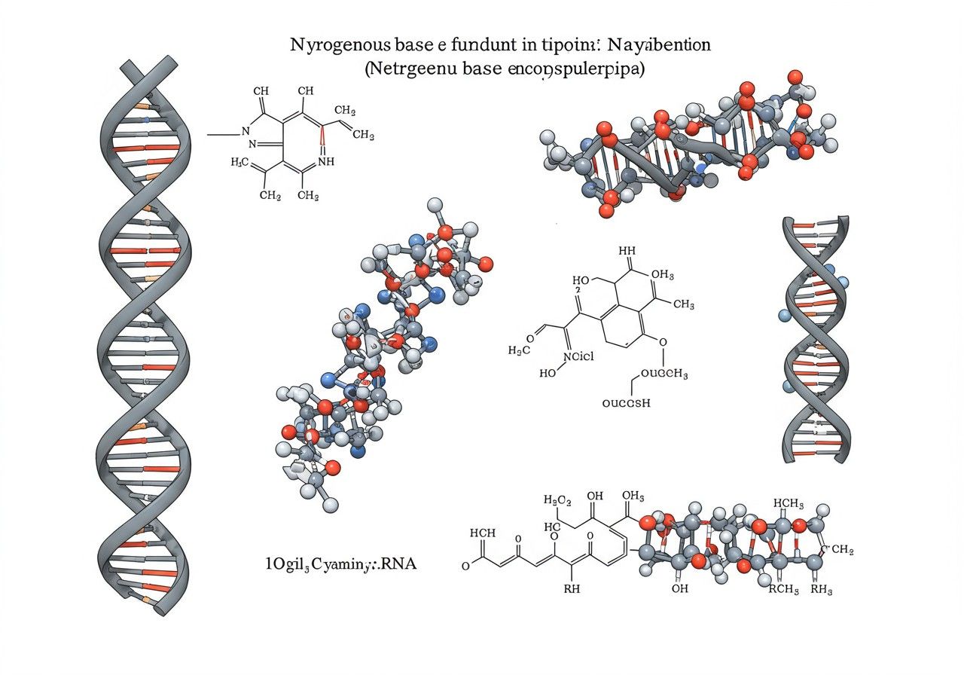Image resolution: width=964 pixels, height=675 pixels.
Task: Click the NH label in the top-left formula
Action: (326, 160)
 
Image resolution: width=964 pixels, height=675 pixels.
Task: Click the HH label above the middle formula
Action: (627, 251)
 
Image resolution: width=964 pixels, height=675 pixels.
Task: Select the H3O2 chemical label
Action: (558, 500)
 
